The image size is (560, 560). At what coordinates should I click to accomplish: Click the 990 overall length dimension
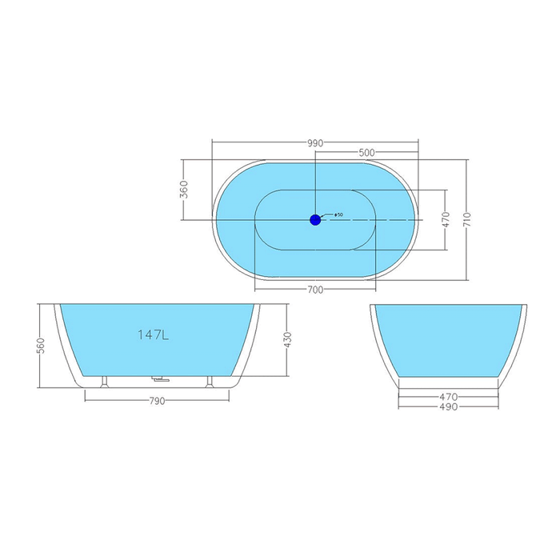click(x=315, y=143)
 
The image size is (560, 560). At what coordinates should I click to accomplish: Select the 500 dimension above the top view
click(x=366, y=153)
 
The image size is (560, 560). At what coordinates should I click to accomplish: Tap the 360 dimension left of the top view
click(x=184, y=190)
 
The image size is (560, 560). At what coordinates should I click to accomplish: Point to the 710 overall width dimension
click(x=467, y=219)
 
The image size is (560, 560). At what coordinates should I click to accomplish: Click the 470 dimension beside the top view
click(x=446, y=220)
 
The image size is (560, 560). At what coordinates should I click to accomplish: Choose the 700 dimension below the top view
click(x=315, y=290)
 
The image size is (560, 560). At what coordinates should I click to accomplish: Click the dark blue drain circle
click(x=315, y=220)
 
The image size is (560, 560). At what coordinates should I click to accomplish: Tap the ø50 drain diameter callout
click(x=338, y=214)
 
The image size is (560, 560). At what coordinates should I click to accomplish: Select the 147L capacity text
click(x=154, y=334)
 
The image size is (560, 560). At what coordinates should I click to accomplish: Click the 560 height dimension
click(x=41, y=346)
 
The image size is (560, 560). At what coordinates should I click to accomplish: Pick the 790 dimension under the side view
click(x=157, y=401)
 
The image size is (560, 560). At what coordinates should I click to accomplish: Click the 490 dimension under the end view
click(x=449, y=406)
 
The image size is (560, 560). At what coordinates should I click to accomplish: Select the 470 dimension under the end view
click(x=449, y=397)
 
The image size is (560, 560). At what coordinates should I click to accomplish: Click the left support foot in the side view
click(x=104, y=382)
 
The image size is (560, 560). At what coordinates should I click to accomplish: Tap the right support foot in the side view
click(x=210, y=382)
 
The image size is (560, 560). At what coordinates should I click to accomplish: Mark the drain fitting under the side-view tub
click(x=159, y=379)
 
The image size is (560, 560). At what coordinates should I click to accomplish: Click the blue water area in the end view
click(x=448, y=340)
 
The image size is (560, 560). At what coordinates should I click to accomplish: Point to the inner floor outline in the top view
click(x=315, y=220)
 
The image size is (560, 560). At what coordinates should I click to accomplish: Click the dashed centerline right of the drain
click(x=371, y=220)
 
